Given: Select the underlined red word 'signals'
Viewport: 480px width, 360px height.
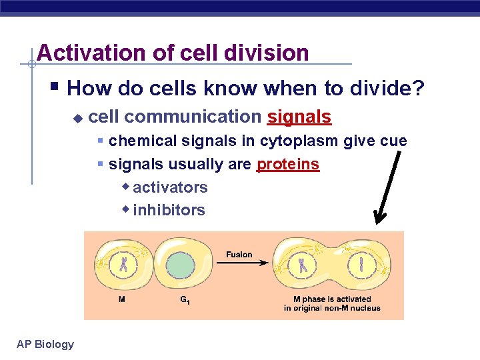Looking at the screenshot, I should click(299, 117).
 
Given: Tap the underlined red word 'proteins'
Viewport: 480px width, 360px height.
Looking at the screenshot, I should click(288, 164).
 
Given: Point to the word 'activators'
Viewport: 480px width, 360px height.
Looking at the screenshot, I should click(170, 187).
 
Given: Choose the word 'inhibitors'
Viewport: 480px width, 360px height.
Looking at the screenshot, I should click(169, 210).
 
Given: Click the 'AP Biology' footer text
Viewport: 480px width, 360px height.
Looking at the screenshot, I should click(45, 344).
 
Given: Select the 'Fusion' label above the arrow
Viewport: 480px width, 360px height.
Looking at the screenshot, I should click(239, 254).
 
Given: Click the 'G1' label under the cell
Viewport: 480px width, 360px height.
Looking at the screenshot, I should click(185, 300).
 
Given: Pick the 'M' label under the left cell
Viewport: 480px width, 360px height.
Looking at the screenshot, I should click(121, 299).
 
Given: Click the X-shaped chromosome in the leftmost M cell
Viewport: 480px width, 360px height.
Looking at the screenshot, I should click(124, 265).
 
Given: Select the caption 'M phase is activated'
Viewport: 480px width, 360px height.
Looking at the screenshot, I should click(332, 299).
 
